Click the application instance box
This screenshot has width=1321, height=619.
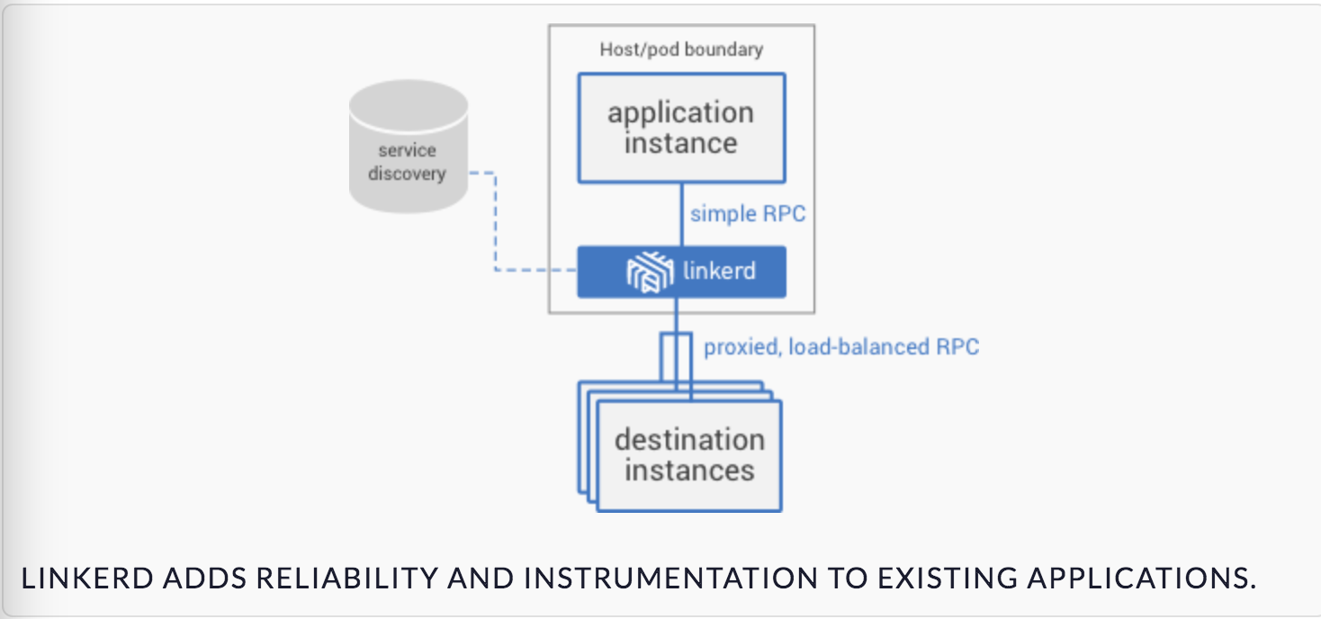682,128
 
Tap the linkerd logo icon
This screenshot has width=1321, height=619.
650,271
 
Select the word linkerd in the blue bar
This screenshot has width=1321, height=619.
719,271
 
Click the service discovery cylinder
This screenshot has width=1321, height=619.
409,146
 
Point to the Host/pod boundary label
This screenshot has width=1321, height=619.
681,49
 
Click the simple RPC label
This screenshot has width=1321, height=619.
748,213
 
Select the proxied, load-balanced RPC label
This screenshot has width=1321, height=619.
841,346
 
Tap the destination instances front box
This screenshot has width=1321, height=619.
689,455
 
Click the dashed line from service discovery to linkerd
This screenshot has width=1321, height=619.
495,236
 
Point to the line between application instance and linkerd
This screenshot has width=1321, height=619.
682,215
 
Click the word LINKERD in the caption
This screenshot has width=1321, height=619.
87,579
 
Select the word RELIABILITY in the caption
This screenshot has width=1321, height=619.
347,579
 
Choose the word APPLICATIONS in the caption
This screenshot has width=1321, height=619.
1142,579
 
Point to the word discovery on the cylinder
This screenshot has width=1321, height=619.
407,174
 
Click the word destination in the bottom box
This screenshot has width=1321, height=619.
689,440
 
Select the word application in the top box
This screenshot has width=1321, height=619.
681,113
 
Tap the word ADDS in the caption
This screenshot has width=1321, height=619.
204,579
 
